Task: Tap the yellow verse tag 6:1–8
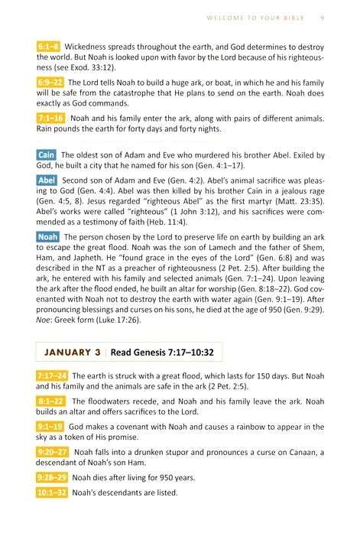50,47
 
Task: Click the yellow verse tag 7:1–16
50,118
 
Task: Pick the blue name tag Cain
46,156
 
